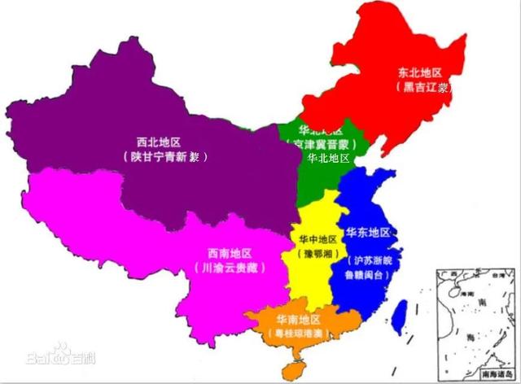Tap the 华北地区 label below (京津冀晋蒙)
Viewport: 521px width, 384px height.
(x=328, y=158)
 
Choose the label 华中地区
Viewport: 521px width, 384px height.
(x=313, y=239)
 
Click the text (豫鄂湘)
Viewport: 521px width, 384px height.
(x=313, y=254)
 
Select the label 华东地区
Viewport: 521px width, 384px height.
(x=368, y=233)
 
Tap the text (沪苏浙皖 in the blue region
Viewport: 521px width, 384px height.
(x=371, y=261)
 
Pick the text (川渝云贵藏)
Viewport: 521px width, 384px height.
(x=230, y=267)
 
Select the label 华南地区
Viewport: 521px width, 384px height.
(x=298, y=319)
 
